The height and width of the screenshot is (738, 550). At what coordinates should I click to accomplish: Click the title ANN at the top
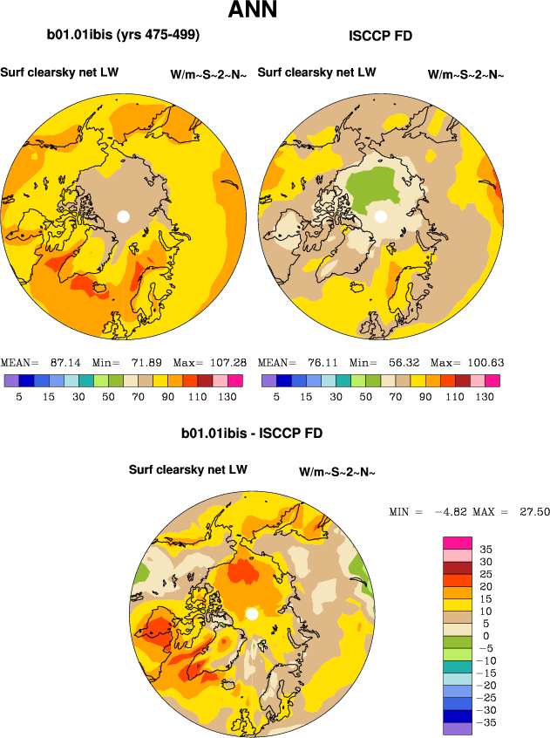pyautogui.click(x=253, y=11)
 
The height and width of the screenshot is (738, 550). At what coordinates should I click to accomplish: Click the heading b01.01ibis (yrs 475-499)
pyautogui.click(x=123, y=36)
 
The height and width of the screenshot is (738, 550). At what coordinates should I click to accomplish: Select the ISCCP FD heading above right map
pyautogui.click(x=380, y=36)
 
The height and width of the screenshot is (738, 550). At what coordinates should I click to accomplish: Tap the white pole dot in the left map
pyautogui.click(x=124, y=215)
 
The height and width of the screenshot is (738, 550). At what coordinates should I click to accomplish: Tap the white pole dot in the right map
pyautogui.click(x=381, y=215)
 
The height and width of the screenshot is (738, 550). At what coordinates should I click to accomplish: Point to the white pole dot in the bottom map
pyautogui.click(x=252, y=614)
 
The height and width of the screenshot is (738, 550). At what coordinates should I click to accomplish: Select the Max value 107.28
pyautogui.click(x=227, y=362)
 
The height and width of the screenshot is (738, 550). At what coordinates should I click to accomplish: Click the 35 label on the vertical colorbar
pyautogui.click(x=486, y=550)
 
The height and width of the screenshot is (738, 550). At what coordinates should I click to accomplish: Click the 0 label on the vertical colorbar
pyautogui.click(x=485, y=636)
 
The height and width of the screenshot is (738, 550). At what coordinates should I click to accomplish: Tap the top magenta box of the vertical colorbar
pyautogui.click(x=458, y=543)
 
